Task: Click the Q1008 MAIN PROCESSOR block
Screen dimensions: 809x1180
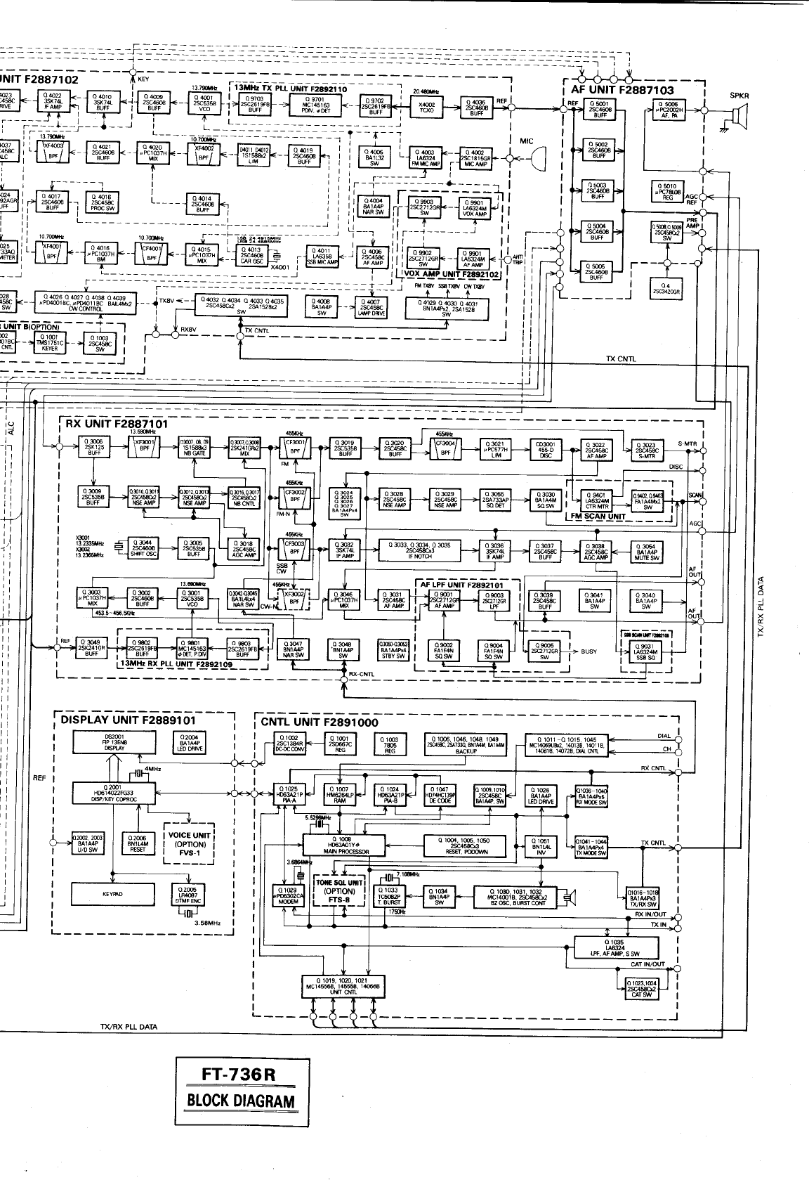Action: (345, 845)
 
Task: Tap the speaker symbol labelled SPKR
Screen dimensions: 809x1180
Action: (739, 115)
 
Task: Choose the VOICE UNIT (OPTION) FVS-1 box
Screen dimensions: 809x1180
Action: (189, 844)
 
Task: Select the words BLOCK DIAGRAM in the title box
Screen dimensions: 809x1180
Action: (240, 1101)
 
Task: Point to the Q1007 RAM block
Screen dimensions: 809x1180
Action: (339, 793)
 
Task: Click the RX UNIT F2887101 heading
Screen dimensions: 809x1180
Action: (117, 424)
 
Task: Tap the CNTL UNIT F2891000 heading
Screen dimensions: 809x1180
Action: (320, 722)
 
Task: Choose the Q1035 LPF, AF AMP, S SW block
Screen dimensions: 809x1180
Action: (617, 947)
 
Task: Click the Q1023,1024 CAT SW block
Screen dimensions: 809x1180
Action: (642, 989)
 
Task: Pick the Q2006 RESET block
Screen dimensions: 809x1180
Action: (138, 843)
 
